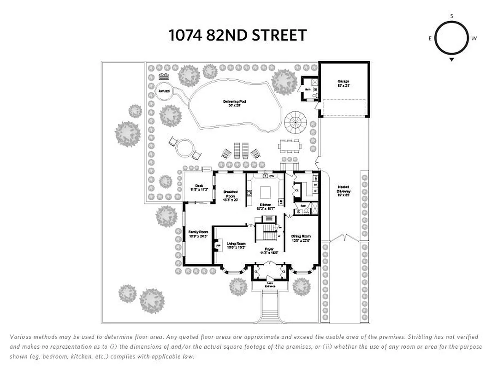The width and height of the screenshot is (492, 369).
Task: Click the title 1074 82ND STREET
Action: click(x=237, y=36)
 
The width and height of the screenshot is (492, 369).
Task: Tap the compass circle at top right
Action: click(x=451, y=38)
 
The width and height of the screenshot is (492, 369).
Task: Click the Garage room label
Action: click(x=344, y=83)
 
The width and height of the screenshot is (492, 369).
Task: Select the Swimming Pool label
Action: click(x=234, y=103)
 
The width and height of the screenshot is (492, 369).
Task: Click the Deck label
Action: click(x=199, y=188)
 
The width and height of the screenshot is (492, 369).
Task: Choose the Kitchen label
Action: click(x=266, y=206)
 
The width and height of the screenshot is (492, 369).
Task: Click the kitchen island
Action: click(x=266, y=192)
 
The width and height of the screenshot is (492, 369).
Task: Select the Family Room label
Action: click(x=198, y=234)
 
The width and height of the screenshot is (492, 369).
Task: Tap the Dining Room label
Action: click(x=301, y=238)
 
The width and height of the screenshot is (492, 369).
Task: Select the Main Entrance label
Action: click(x=270, y=285)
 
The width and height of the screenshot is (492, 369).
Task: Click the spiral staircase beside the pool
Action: click(x=295, y=122)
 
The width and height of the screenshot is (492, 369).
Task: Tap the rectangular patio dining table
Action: click(x=290, y=146)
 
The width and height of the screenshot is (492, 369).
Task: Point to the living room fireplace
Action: click(x=219, y=245)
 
